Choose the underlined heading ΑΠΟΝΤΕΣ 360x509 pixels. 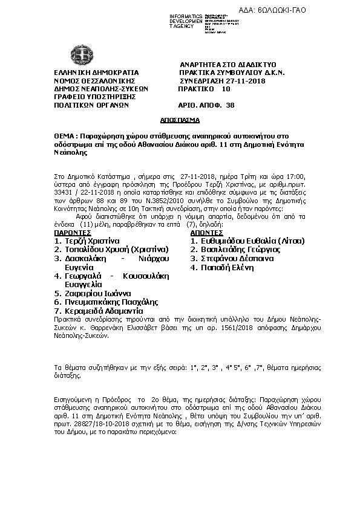[207, 232]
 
